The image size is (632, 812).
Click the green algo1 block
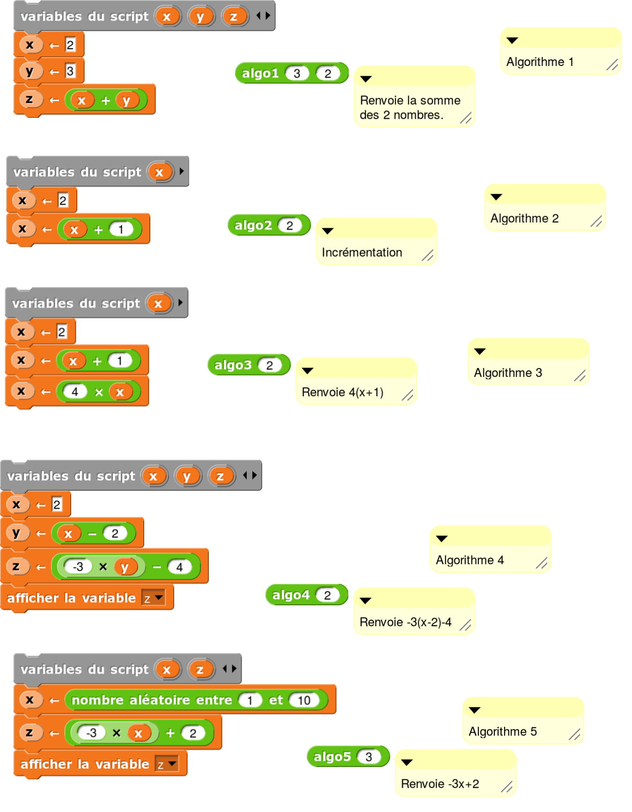tap(260, 73)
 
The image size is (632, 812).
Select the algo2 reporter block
tap(253, 225)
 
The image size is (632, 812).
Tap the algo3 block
tap(233, 365)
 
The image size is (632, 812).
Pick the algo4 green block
tap(291, 595)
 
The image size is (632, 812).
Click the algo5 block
tap(332, 757)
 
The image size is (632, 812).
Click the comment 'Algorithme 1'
tap(540, 62)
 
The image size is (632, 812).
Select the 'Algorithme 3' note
tap(508, 373)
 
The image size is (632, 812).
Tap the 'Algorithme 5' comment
tap(503, 732)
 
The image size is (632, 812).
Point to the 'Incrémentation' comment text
tap(362, 253)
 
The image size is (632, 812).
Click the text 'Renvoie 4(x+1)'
tap(343, 392)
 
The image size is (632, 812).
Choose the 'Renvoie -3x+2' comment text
tap(440, 784)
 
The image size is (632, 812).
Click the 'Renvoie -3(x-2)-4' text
tap(405, 622)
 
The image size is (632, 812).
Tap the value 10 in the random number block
tap(304, 700)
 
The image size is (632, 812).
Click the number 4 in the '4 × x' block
tap(75, 391)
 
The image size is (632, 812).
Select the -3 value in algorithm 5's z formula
tap(91, 732)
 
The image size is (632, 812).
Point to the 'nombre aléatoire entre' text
tap(152, 700)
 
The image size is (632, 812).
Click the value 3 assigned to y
tap(70, 71)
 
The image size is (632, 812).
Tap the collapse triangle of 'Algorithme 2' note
tap(496, 197)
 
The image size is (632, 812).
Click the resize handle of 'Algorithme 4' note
tap(542, 563)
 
